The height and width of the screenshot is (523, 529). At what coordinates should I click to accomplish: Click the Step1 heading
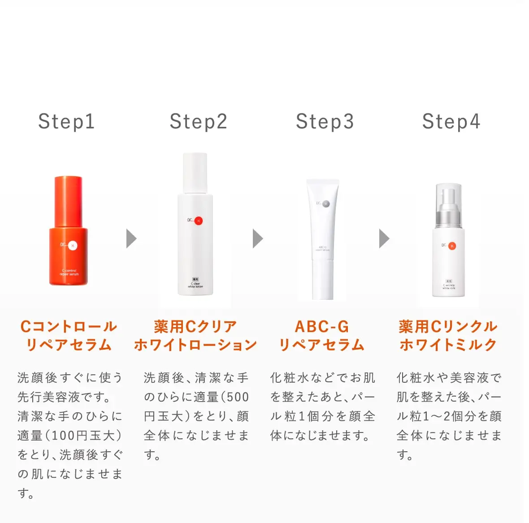[x=66, y=121]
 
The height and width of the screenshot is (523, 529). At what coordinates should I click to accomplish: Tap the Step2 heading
[x=198, y=121]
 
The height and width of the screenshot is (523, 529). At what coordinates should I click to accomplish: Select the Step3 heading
[x=325, y=121]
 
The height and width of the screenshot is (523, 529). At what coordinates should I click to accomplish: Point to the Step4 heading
[x=451, y=121]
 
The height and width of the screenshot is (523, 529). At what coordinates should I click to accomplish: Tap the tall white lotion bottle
[x=195, y=233]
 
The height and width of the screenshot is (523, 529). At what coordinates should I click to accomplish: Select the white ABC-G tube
[x=323, y=240]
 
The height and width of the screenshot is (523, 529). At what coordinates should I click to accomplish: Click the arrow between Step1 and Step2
[x=131, y=238]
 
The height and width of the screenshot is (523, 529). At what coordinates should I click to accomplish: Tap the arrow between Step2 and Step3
[x=257, y=238]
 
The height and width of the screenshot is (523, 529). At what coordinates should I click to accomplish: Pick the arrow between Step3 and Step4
[x=384, y=238]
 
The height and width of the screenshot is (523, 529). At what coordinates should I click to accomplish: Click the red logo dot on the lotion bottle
[x=199, y=220]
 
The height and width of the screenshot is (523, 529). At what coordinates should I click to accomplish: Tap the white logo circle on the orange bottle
[x=73, y=245]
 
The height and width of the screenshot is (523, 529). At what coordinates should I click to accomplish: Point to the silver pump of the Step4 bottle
[x=448, y=211]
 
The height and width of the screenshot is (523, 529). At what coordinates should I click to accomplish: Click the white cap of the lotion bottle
[x=195, y=173]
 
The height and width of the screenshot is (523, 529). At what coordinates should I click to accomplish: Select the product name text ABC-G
[x=322, y=327]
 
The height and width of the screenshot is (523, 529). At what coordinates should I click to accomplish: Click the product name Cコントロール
[x=69, y=327]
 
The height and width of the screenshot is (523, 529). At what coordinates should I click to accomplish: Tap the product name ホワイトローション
[x=195, y=345]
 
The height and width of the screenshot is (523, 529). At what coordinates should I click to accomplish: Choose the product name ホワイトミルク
[x=448, y=345]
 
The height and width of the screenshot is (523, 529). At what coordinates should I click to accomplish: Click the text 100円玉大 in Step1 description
[x=85, y=436]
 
